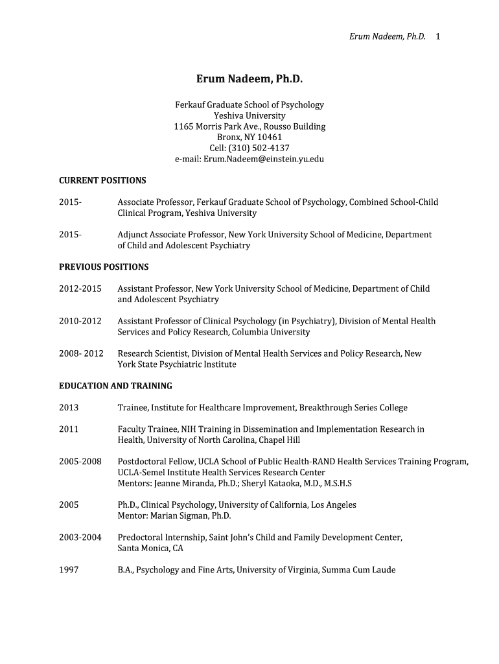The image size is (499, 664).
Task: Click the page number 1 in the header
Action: click(x=438, y=36)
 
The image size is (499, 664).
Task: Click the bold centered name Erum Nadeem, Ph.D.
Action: click(x=250, y=79)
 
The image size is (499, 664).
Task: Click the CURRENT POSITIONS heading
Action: click(x=102, y=180)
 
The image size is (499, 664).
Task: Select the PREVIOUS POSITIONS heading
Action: click(x=104, y=267)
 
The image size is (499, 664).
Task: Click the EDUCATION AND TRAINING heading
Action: click(x=115, y=386)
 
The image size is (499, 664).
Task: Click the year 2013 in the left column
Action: click(x=69, y=407)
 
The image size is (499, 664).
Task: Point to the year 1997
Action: click(x=69, y=570)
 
